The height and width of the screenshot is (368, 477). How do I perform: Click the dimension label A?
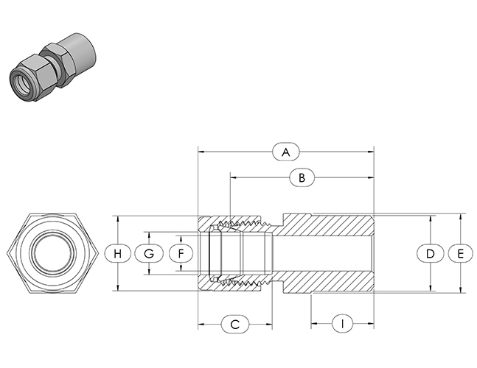pyautogui.click(x=286, y=152)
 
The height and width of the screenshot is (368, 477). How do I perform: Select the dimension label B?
pyautogui.click(x=301, y=177)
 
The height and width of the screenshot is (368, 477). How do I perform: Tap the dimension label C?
pyautogui.click(x=235, y=324)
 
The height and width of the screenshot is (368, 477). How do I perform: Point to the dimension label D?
pyautogui.click(x=431, y=253)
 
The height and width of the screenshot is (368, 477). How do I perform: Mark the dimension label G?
pyautogui.click(x=149, y=253)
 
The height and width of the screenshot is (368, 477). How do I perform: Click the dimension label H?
pyautogui.click(x=118, y=253)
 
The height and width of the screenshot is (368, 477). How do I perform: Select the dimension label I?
pyautogui.click(x=342, y=324)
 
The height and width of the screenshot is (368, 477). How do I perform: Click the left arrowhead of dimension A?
pyautogui.click(x=201, y=152)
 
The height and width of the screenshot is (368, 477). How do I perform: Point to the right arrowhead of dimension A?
pyautogui.click(x=372, y=152)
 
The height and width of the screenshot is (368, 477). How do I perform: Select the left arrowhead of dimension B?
pyautogui.click(x=233, y=177)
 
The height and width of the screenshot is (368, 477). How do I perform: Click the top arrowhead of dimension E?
pyautogui.click(x=461, y=217)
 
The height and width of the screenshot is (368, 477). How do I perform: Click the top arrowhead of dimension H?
pyautogui.click(x=118, y=219)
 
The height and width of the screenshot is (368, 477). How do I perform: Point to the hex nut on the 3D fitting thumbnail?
pyautogui.click(x=52, y=62)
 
